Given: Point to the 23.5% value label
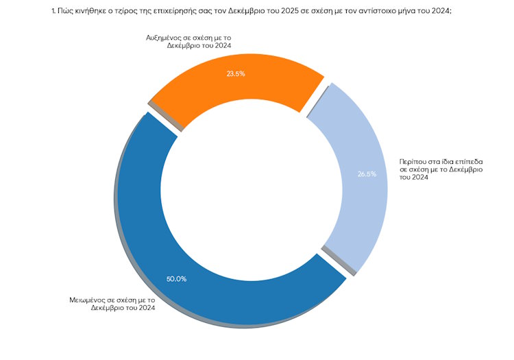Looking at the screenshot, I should [x=236, y=74].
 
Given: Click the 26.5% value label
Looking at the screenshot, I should [x=367, y=174].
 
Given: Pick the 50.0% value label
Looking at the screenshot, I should [x=176, y=279].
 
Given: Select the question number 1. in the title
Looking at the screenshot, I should [x=53, y=12].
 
